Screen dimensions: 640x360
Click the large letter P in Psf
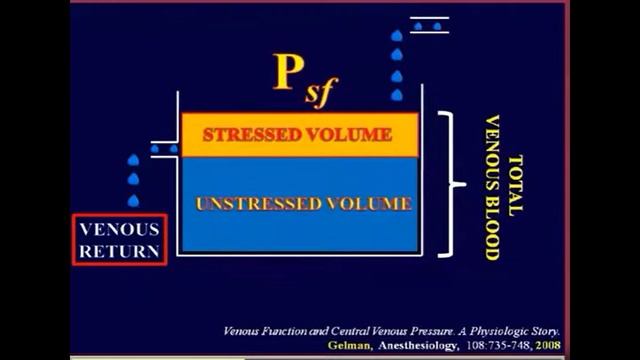tap(292, 72)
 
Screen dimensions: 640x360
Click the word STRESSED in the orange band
tap(246, 135)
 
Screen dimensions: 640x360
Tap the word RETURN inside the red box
tap(119, 251)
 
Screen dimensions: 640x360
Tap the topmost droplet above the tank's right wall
tap(397, 36)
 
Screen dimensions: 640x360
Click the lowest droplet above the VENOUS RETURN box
tap(133, 200)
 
